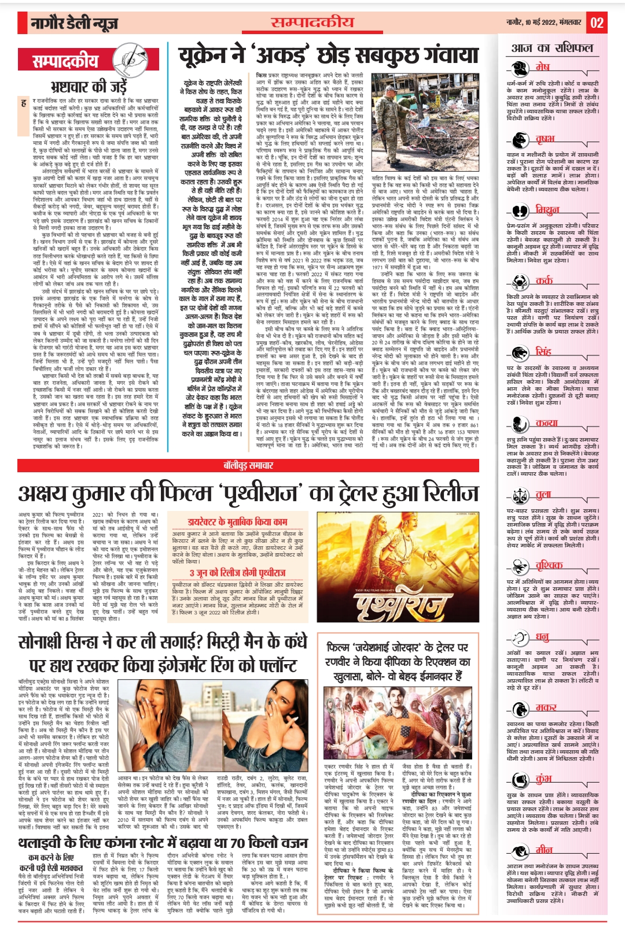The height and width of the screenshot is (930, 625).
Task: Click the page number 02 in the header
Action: [597, 23]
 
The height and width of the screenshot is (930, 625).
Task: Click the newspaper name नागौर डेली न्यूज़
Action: [75, 23]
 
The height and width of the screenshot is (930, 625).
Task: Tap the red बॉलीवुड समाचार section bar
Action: [249, 465]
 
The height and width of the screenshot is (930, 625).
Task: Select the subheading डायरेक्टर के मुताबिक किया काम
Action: [237, 521]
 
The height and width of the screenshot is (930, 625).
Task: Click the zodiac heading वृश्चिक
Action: [549, 565]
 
